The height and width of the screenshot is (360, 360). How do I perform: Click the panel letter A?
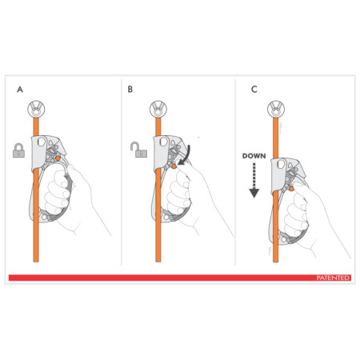pyautogui.click(x=19, y=90)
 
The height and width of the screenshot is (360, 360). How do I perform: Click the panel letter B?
pyautogui.click(x=130, y=90)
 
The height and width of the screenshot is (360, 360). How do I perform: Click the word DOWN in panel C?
pyautogui.click(x=254, y=158)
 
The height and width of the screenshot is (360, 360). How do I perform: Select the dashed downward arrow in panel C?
pyautogui.click(x=254, y=180)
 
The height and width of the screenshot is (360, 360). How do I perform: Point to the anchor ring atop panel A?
pyautogui.click(x=36, y=109)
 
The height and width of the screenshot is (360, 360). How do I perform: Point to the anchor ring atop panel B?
pyautogui.click(x=154, y=109)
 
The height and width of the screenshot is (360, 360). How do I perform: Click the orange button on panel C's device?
pyautogui.click(x=302, y=190)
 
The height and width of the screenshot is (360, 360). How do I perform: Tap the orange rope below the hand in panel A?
pyautogui.click(x=36, y=248)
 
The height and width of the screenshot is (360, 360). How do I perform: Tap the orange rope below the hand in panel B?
pyautogui.click(x=154, y=248)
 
